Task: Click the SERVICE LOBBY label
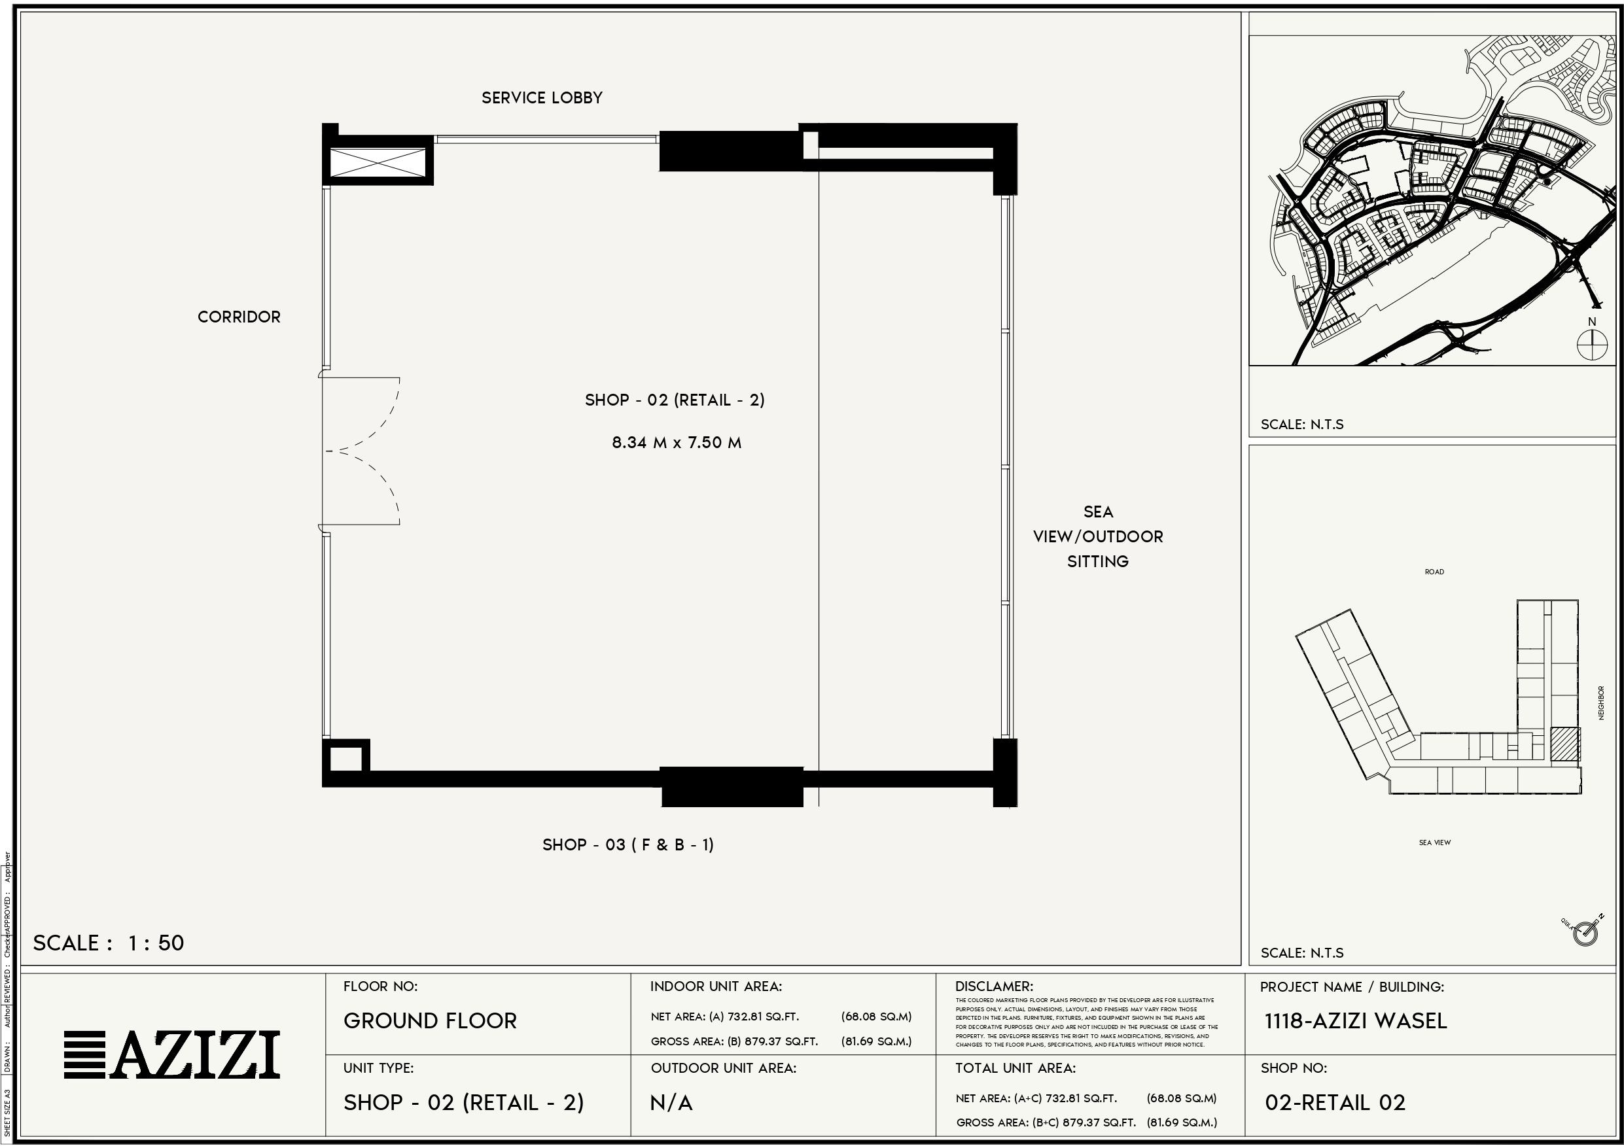pos(542,97)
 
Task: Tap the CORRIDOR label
pos(239,317)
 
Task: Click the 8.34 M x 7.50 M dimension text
pos(676,443)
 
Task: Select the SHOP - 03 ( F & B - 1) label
pos(628,844)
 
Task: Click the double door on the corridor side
pos(361,451)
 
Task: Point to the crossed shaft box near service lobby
pos(378,163)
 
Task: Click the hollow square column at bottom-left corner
pos(345,759)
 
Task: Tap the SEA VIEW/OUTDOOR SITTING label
pos(1098,536)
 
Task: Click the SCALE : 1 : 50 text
pos(108,943)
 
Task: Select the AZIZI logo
pos(172,1054)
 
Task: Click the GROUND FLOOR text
pos(430,1020)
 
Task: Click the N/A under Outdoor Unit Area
pos(671,1103)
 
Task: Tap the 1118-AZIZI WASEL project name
pos(1355,1020)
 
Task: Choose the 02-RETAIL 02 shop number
pos(1335,1103)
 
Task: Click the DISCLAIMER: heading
pos(994,986)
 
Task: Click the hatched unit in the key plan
pos(1564,744)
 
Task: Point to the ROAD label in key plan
pos(1434,572)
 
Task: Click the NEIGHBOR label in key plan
pos(1600,703)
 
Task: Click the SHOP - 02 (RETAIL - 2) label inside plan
pos(675,400)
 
